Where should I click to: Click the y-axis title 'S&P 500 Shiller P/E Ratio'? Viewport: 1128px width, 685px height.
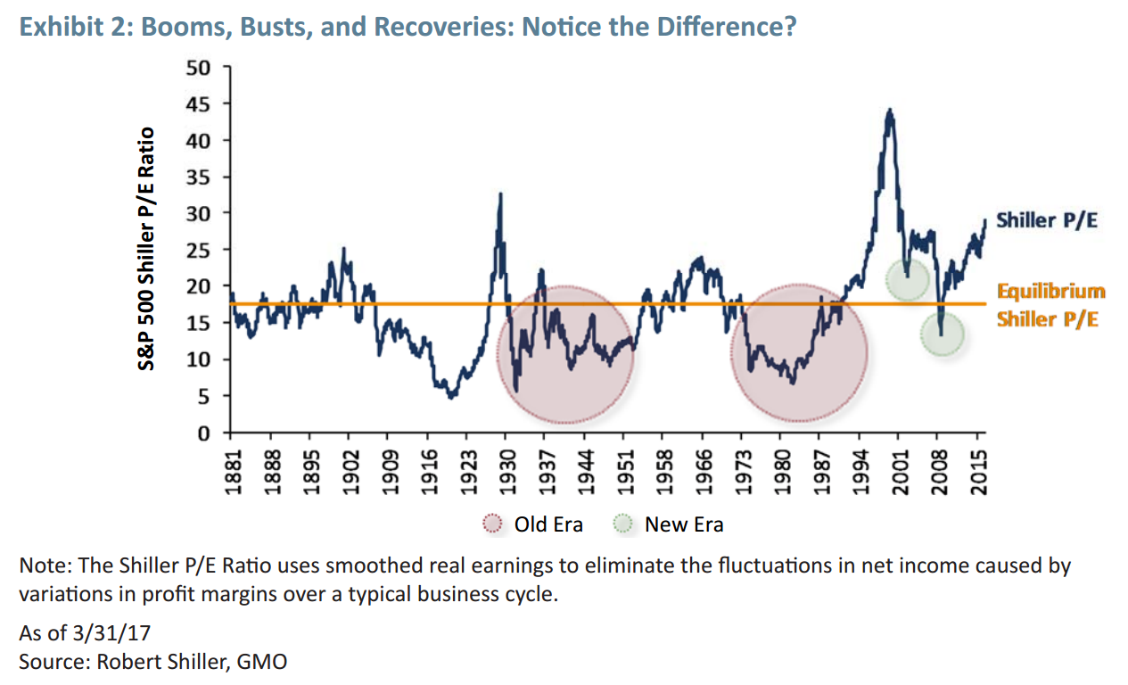pyautogui.click(x=147, y=249)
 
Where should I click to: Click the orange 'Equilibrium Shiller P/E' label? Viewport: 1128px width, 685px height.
pyautogui.click(x=1050, y=304)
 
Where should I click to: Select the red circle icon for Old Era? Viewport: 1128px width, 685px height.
pyautogui.click(x=493, y=524)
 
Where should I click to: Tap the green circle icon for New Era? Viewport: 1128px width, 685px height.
pyautogui.click(x=624, y=524)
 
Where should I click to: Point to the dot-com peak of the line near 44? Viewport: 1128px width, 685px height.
pyautogui.click(x=889, y=111)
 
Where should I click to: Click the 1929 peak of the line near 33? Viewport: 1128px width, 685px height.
pyautogui.click(x=501, y=194)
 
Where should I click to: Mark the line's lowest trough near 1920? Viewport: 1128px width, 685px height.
pyautogui.click(x=452, y=397)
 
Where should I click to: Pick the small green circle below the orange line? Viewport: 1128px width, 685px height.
pyautogui.click(x=942, y=334)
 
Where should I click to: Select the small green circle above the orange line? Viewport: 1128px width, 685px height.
pyautogui.click(x=908, y=279)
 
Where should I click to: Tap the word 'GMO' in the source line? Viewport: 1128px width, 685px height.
pyautogui.click(x=264, y=662)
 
